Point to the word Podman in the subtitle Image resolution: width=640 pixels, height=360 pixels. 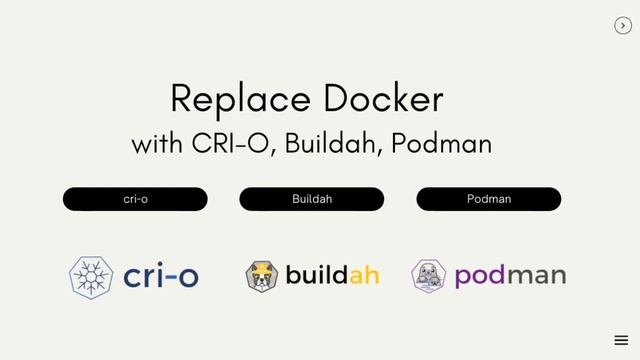point(441,143)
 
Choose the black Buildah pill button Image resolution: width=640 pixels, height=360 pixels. point(312,199)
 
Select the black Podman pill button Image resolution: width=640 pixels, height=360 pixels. point(489,199)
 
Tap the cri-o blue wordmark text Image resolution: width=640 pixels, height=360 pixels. point(161,276)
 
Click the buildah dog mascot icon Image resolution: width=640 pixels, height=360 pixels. point(261,275)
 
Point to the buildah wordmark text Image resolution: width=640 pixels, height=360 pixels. point(332,274)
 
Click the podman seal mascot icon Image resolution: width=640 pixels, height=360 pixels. point(428,276)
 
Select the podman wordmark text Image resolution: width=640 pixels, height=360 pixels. point(510,276)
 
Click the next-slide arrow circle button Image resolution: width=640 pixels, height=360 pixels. point(622,26)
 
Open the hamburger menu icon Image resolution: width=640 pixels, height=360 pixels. point(621,340)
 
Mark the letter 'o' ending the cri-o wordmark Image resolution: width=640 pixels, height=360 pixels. point(186,278)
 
